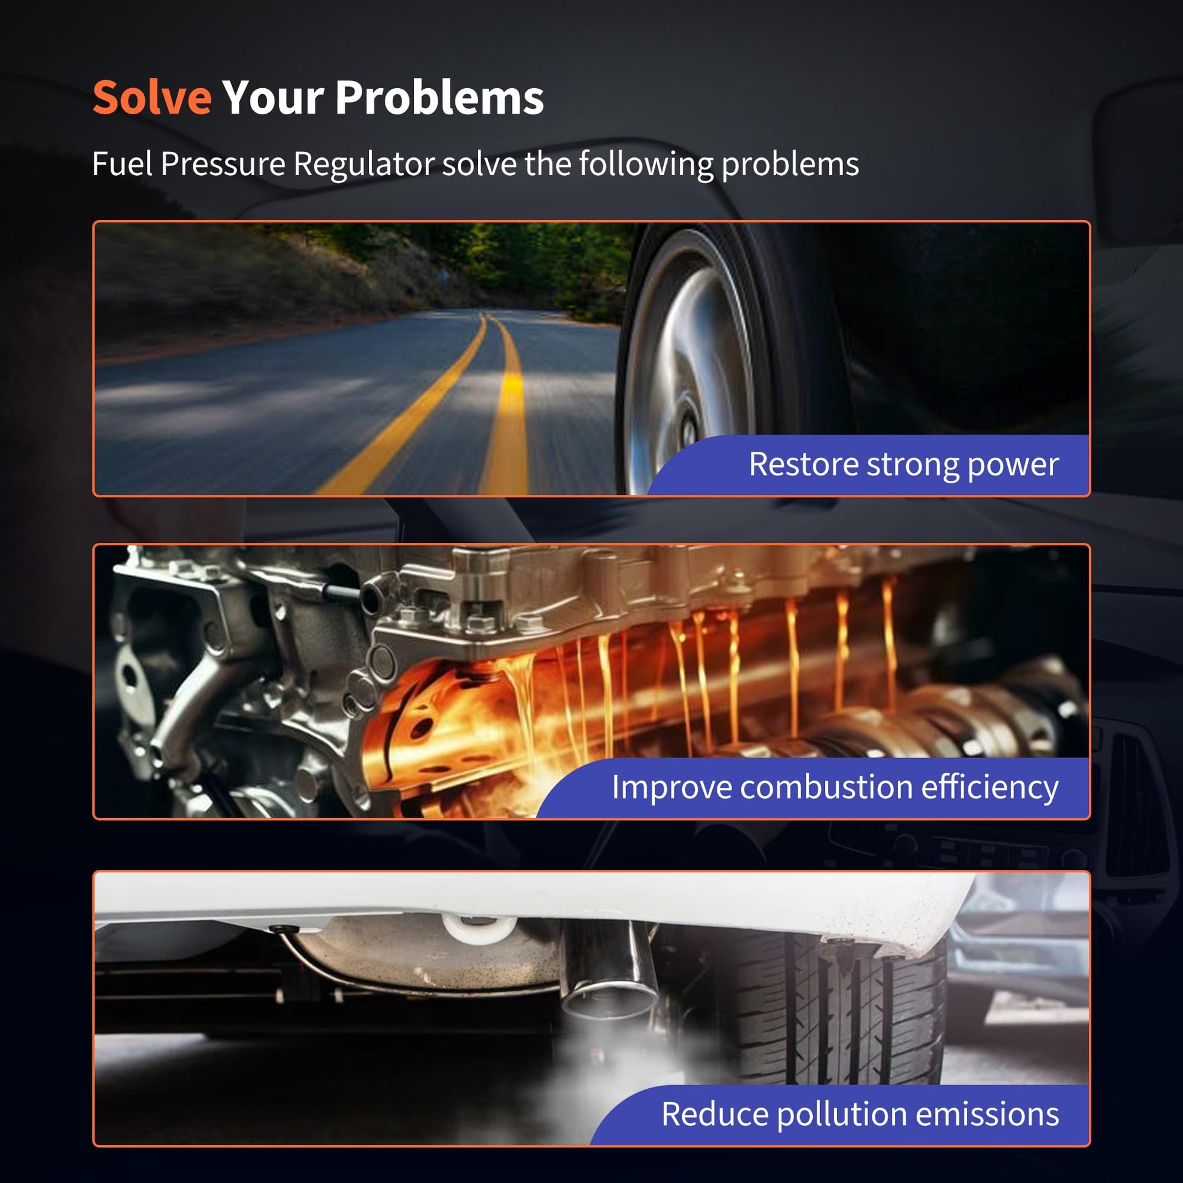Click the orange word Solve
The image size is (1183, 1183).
pyautogui.click(x=152, y=97)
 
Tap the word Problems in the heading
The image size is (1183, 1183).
pyautogui.click(x=440, y=97)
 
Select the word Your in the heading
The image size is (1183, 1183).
pyautogui.click(x=273, y=97)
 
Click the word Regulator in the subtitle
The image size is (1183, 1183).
pyautogui.click(x=364, y=165)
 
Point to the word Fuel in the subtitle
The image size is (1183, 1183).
pyautogui.click(x=122, y=164)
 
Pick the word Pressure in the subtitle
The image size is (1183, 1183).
pyautogui.click(x=223, y=164)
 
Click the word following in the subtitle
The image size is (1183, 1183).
pyautogui.click(x=646, y=165)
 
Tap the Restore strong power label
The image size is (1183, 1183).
pyautogui.click(x=904, y=464)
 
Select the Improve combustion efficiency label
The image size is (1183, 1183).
pyautogui.click(x=835, y=787)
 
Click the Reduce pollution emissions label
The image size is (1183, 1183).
pyautogui.click(x=860, y=1114)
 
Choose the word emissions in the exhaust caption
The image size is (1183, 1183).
pyautogui.click(x=987, y=1114)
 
